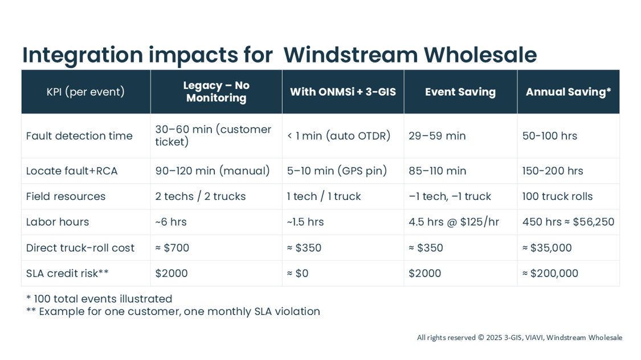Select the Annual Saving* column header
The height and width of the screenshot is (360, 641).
pos(568,92)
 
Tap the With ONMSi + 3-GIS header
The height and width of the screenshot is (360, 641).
pos(342,92)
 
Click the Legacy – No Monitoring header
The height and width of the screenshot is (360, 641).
pos(216,92)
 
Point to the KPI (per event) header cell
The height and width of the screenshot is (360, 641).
pos(85,92)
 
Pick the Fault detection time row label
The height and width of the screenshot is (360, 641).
pos(79,136)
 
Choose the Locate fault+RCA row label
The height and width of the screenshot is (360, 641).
pos(72,171)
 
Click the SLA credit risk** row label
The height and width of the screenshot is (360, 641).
pos(67,273)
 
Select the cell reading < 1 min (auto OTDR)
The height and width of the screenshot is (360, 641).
pos(338,136)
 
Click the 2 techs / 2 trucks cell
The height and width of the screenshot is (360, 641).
pos(201,197)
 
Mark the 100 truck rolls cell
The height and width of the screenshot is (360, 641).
pos(557,197)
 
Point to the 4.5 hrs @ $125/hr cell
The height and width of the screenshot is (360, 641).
pos(454,222)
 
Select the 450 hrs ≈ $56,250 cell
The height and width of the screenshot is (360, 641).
pos(568,222)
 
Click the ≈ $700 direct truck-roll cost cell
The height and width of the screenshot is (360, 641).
pos(172,248)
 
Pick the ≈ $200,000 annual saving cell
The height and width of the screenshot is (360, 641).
pos(550,273)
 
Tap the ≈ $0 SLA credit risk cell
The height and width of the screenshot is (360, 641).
pos(297,273)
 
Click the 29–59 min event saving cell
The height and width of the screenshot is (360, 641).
pos(437,136)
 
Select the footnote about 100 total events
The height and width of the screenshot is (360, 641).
pos(99,299)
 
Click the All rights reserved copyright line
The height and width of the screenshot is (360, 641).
pos(519,338)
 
